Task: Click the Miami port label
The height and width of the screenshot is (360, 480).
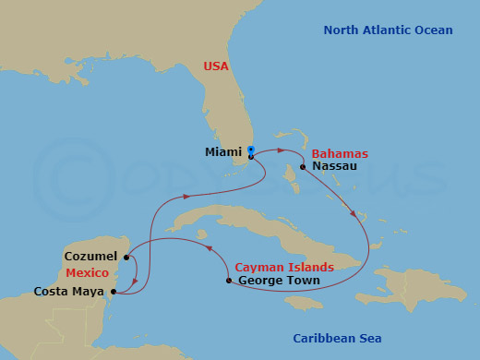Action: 222,152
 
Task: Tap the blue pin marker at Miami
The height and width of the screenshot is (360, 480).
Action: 250,150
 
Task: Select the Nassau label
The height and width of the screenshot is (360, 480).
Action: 335,167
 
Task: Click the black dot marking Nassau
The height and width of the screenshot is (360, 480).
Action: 303,167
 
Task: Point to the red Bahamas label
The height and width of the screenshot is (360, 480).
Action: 340,153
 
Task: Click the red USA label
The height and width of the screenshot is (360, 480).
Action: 216,66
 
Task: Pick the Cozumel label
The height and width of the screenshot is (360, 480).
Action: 91,255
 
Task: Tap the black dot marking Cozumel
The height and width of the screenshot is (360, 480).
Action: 126,255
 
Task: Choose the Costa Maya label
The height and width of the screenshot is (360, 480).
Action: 69,292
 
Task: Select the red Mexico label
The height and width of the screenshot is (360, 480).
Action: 87,273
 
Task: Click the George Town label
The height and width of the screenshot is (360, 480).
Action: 279,281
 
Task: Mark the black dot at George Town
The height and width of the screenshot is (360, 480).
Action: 229,280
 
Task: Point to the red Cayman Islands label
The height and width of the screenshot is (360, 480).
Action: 284,267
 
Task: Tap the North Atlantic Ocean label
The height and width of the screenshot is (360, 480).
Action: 388,30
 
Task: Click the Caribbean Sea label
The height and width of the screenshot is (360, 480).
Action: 337,339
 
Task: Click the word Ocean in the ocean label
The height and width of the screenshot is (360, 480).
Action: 433,30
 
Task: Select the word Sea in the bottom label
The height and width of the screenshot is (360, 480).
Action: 369,339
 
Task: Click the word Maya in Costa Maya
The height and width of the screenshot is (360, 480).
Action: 90,292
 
